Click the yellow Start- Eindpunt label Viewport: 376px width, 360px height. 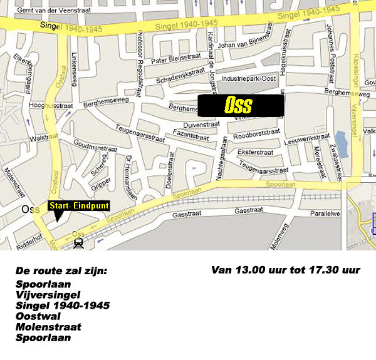pos(79,205)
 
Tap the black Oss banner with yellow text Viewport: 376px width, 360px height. pos(241,105)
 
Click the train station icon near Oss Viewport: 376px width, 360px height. pos(78,244)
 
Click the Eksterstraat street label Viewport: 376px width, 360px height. pos(256,152)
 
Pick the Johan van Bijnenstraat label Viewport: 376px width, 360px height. pos(247,44)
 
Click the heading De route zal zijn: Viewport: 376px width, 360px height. pos(61,271)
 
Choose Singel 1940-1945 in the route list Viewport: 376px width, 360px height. pos(63,305)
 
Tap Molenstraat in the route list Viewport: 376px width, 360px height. pos(48,327)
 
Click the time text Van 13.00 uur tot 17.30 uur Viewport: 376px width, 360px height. pos(286,270)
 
